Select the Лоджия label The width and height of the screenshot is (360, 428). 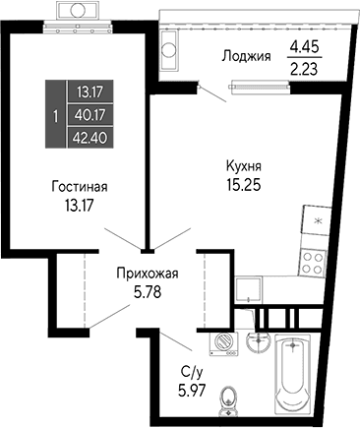tap(247, 55)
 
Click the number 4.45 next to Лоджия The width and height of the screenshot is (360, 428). tap(305, 45)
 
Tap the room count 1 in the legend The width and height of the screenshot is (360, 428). tap(54, 115)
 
